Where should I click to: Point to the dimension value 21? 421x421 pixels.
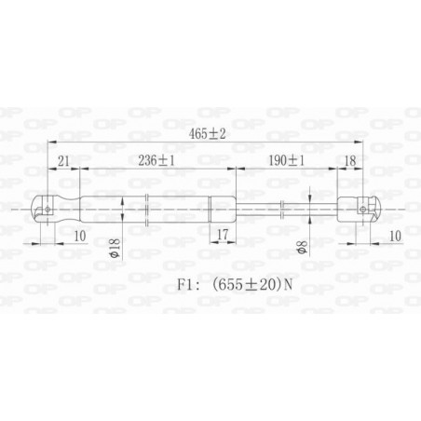(x=63, y=159)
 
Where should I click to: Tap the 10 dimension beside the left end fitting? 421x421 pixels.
(x=79, y=237)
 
